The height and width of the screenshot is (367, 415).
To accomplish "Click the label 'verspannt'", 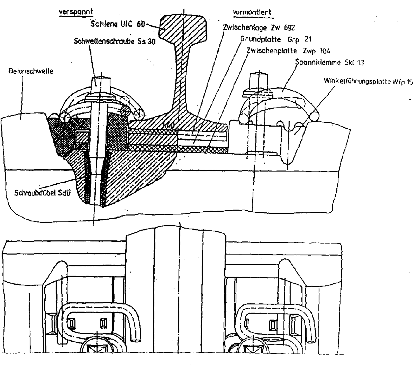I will coord(76,12).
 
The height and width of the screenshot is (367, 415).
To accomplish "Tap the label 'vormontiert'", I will coord(252,12).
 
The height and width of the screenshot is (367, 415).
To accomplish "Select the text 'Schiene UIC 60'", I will coord(117,24).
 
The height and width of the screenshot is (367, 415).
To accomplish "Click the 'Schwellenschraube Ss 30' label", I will coord(115,41).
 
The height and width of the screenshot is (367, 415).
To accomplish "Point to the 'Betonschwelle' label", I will coord(31,71).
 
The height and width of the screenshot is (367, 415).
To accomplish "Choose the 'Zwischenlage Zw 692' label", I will coord(259,27).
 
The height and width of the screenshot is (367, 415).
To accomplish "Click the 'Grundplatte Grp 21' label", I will coord(276,39).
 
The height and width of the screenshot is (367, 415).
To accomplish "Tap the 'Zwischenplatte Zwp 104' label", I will coord(288,51).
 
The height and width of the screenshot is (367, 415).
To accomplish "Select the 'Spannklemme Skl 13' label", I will coord(330,63).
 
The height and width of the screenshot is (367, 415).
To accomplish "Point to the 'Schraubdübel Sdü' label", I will coord(43,193).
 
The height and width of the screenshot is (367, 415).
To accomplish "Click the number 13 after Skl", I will coord(360,63).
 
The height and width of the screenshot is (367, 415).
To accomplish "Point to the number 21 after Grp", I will coord(308,39).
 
